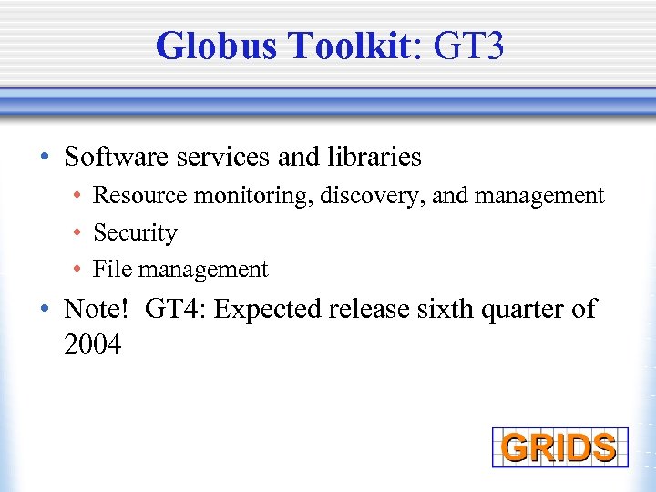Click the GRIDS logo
tap(559, 447)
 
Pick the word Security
tap(135, 233)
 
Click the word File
tap(113, 270)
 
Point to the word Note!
tap(97, 309)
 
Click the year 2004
tap(93, 345)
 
